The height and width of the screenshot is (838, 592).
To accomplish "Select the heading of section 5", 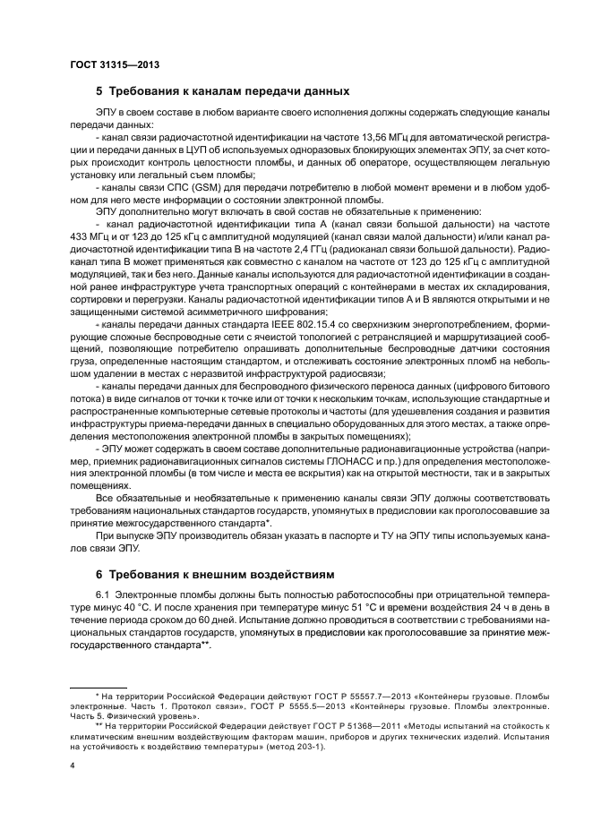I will tap(222, 91).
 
